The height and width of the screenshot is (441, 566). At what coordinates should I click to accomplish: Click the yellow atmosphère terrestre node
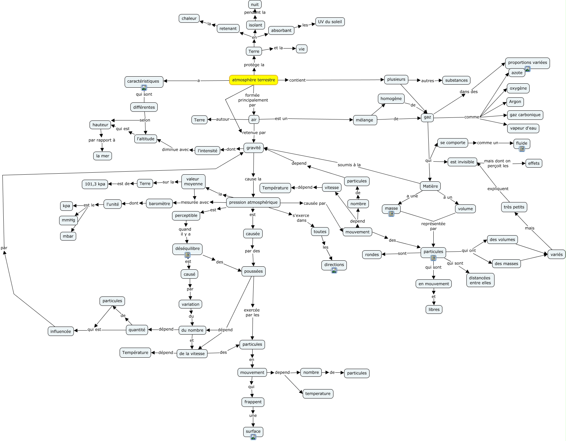coord(253,80)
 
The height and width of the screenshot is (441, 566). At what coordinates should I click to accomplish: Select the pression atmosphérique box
coord(253,202)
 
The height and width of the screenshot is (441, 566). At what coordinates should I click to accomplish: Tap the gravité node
coord(254,148)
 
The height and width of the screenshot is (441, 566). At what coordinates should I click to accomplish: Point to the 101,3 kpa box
coord(95,184)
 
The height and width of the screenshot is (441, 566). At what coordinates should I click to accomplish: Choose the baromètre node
coord(159,203)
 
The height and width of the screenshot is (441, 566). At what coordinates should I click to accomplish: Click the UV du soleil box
coord(330,22)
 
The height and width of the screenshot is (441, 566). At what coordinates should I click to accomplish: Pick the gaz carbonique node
coord(525,115)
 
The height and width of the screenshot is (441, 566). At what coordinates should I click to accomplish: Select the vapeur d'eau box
coord(523,128)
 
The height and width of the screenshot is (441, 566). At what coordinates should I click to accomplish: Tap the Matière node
coord(430,186)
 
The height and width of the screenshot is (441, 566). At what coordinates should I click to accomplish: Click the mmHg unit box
coord(68,220)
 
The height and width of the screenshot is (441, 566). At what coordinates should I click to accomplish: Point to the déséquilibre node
coord(187,249)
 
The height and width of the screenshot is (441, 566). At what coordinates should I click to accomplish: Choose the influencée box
coord(60,331)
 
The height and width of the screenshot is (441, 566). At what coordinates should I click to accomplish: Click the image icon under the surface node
coord(253,437)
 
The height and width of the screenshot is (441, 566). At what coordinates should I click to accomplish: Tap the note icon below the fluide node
coord(522,149)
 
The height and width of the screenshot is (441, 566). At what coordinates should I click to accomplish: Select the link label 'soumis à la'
coord(349,165)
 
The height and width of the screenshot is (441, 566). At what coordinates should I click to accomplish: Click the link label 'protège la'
coord(254,65)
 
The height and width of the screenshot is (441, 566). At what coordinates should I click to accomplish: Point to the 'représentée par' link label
coord(433,226)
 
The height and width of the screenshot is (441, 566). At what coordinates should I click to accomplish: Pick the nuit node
coord(255,4)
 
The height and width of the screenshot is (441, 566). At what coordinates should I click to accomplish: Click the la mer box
coord(103,156)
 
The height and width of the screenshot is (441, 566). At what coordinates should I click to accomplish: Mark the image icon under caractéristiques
coord(144,88)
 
